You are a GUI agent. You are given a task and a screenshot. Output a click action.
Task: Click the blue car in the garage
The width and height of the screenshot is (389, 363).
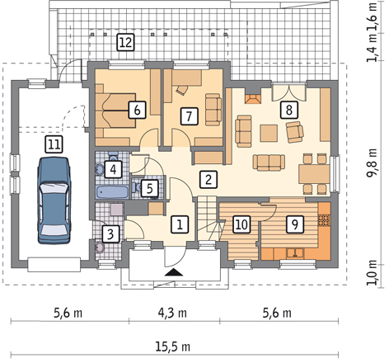(x=54, y=200)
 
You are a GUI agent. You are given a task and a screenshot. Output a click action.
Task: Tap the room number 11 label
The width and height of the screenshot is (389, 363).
(x=54, y=144)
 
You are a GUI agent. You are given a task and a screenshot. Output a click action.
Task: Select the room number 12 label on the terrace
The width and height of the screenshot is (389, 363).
(x=126, y=42)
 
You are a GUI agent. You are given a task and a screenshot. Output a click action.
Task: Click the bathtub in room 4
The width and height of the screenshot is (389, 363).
(x=112, y=191)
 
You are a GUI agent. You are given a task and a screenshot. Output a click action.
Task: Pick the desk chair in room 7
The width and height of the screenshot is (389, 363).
(x=181, y=90)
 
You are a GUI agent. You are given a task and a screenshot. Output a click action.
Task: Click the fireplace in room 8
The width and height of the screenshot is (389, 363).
(x=253, y=99)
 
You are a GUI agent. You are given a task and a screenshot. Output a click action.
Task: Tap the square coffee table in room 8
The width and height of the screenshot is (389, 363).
(x=269, y=133)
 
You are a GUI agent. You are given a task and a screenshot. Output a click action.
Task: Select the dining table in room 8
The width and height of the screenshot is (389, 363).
(x=314, y=174)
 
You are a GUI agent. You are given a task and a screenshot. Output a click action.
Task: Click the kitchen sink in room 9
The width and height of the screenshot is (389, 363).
(x=295, y=253)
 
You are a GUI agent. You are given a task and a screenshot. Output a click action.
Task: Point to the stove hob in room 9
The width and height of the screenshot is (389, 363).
(x=325, y=220)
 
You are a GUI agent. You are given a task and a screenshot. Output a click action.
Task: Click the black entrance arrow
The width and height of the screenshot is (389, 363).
(x=174, y=272)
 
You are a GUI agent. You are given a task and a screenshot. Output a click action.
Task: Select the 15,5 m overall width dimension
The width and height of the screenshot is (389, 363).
(x=173, y=346)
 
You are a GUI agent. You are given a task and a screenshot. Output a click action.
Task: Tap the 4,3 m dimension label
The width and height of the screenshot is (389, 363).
(x=172, y=313)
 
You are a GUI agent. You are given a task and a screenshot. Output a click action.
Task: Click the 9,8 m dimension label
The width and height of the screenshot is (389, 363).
(x=373, y=163)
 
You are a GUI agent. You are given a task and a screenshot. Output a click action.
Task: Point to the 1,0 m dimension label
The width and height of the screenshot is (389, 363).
(x=373, y=272)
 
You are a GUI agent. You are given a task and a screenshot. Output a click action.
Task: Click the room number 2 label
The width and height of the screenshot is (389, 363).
(x=209, y=180)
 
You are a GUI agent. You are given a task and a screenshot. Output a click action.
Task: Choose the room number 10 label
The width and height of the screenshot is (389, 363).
(x=241, y=224)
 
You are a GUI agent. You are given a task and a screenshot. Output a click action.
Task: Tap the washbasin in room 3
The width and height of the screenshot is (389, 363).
(x=100, y=247)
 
